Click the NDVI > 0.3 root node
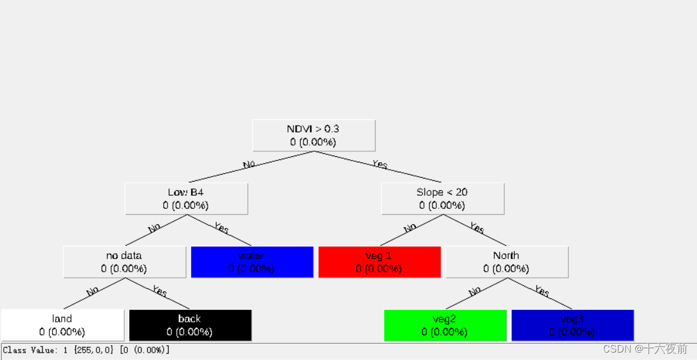(313, 135)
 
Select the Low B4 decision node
(186, 198)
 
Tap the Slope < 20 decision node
(442, 198)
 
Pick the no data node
(124, 262)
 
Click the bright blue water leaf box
(251, 262)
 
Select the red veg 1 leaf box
(379, 262)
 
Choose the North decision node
(506, 262)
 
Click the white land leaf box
(62, 325)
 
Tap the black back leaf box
(190, 325)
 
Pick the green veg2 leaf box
(445, 325)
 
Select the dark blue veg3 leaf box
(572, 325)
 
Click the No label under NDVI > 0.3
(249, 165)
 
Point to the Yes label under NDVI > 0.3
(379, 164)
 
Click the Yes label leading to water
(221, 228)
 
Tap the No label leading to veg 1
(410, 228)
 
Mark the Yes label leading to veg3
(542, 291)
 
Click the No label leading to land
(93, 291)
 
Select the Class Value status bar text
(87, 350)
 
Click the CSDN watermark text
(644, 349)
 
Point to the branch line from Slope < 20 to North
(474, 230)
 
